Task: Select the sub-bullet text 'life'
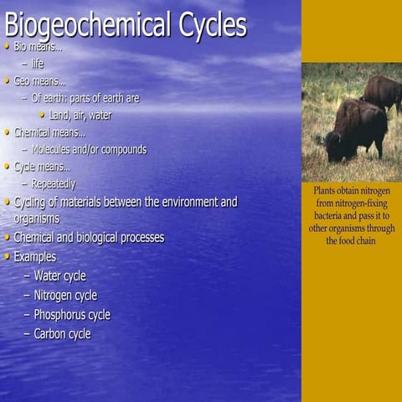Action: pyautogui.click(x=38, y=64)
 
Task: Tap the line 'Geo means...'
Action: pyautogui.click(x=39, y=81)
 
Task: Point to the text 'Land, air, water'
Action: pyautogui.click(x=80, y=115)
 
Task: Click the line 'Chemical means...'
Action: pyautogui.click(x=49, y=132)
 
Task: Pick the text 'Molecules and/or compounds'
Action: pyautogui.click(x=89, y=149)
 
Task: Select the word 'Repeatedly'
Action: pyautogui.click(x=54, y=183)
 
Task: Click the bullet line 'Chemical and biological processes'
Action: pyautogui.click(x=89, y=237)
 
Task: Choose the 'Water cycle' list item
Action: pyautogui.click(x=59, y=276)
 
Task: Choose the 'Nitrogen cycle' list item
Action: pyautogui.click(x=65, y=295)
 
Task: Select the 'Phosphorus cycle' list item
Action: pyautogui.click(x=72, y=315)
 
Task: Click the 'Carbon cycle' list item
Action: pyautogui.click(x=62, y=333)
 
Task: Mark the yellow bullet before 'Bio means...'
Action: pyautogui.click(x=8, y=46)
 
